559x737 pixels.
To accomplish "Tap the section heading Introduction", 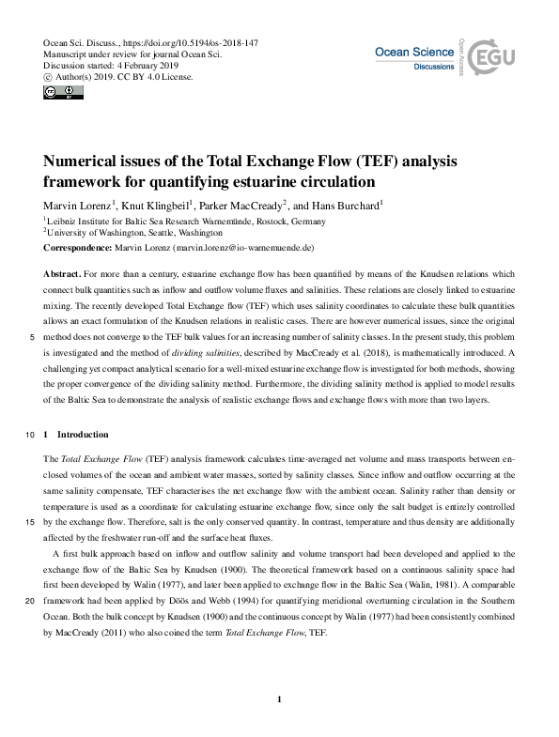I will pyautogui.click(x=84, y=435).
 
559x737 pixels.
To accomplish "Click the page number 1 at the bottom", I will pyautogui.click(x=280, y=699).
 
